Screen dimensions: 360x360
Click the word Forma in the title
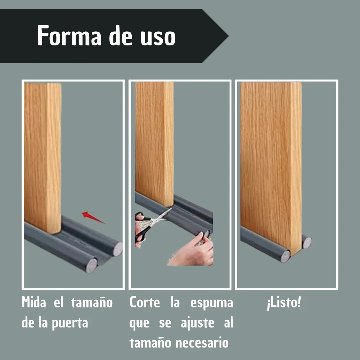[x=69, y=36]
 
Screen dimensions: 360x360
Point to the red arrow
[x=93, y=217]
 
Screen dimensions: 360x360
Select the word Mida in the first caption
[x=34, y=302]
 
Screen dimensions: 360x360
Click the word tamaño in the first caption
[x=92, y=302]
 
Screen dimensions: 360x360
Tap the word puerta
[x=70, y=323]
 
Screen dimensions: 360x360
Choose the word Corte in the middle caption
[x=145, y=302]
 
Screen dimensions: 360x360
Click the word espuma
[x=212, y=303]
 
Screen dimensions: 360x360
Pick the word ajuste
[x=198, y=323]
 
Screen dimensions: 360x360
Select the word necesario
[x=202, y=343]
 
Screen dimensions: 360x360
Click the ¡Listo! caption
[x=284, y=303]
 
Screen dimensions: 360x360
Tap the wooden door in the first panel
[x=42, y=157]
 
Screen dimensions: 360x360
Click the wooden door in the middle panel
[x=154, y=144]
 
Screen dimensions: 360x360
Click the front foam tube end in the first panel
[x=91, y=266]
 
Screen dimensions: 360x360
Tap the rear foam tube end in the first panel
[x=118, y=249]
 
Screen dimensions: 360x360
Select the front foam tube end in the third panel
[x=285, y=256]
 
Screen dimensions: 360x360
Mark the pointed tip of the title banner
[x=228, y=36]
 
